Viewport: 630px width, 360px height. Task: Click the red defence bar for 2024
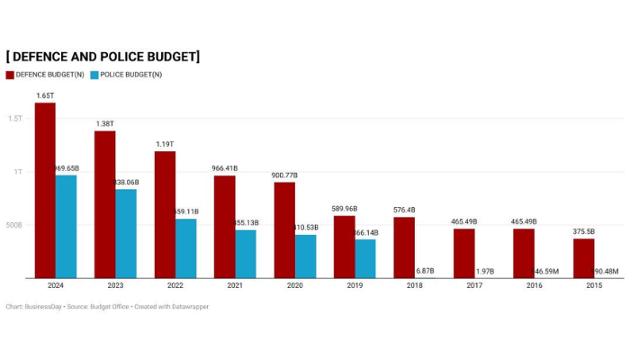point(45,191)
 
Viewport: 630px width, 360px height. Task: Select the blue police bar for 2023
point(126,234)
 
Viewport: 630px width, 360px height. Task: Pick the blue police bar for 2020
point(305,256)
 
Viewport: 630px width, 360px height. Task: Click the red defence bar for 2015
point(583,258)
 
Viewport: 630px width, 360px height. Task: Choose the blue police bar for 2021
point(246,254)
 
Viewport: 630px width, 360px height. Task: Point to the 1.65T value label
point(44,95)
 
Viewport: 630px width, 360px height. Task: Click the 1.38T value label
point(104,123)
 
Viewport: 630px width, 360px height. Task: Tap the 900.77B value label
point(284,175)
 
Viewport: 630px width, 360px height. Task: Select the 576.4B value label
point(404,210)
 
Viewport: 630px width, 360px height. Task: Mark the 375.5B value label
point(584,231)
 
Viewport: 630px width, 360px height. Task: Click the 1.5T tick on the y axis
point(15,118)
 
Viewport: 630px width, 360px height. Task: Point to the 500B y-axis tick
point(14,225)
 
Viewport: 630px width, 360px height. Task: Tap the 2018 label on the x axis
point(415,286)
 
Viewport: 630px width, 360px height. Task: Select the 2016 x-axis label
point(535,286)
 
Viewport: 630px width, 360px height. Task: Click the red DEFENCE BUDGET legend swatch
point(10,75)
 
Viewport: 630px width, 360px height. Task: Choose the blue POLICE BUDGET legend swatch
point(94,75)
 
